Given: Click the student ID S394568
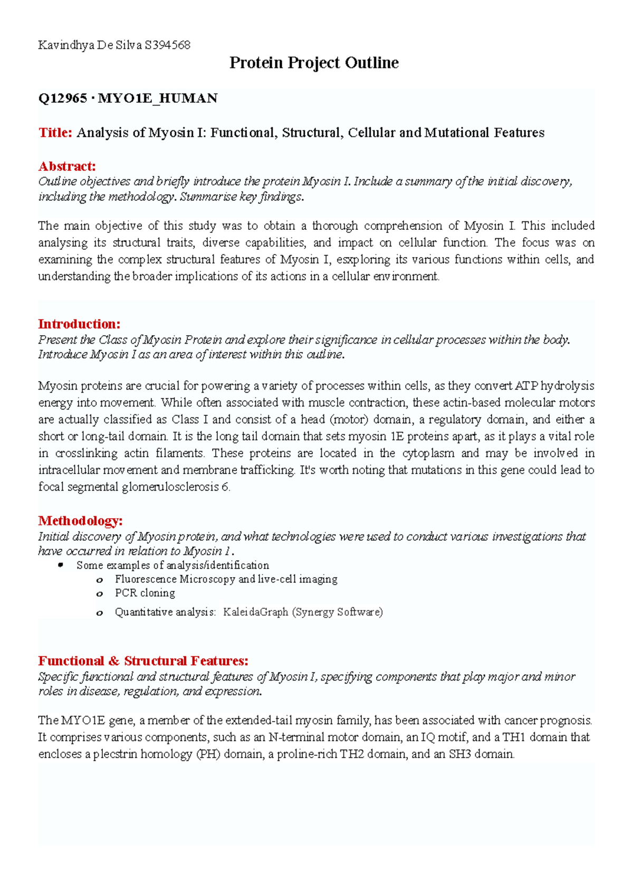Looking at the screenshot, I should click(167, 45).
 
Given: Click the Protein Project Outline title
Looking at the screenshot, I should click(314, 63).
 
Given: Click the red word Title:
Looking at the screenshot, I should click(55, 132).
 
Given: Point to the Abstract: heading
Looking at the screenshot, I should click(67, 167).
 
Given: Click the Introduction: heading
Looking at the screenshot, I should click(79, 324).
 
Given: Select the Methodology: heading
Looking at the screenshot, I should click(80, 521).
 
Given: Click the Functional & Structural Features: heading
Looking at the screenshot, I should click(143, 661).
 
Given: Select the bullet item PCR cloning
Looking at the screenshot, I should click(145, 593).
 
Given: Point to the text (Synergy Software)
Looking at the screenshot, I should click(337, 612).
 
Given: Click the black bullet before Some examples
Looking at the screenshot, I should click(61, 565).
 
